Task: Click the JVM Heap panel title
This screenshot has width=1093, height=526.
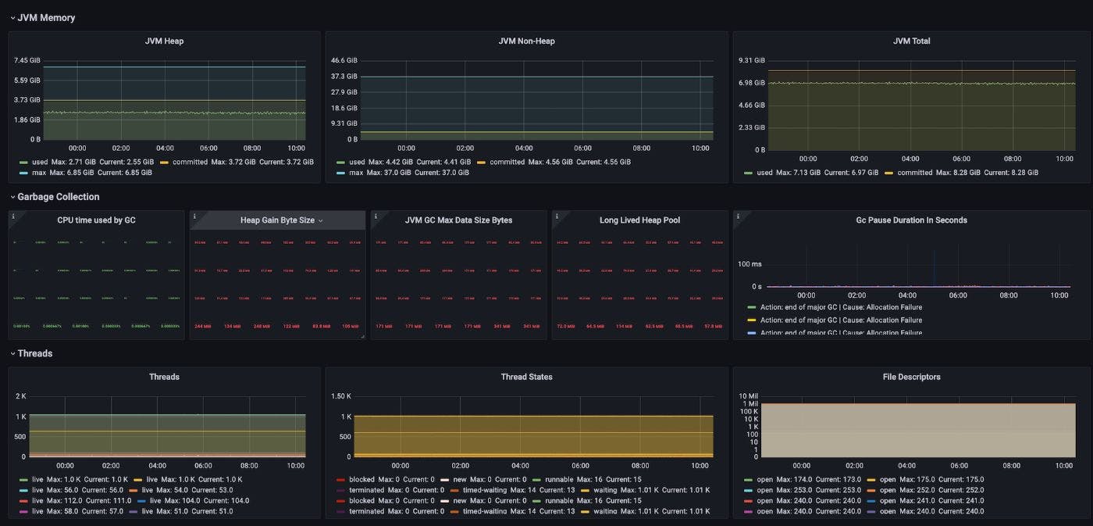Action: (x=164, y=41)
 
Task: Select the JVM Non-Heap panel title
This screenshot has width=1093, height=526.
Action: (x=526, y=41)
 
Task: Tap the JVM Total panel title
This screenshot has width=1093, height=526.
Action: (x=911, y=41)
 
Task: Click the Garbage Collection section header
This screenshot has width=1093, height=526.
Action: (x=58, y=197)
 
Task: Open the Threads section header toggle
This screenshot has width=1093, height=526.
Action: (x=12, y=353)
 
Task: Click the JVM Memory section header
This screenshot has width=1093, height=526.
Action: (x=46, y=17)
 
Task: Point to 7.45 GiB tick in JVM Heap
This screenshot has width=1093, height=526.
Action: (x=27, y=60)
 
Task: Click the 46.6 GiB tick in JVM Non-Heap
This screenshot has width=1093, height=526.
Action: (x=344, y=60)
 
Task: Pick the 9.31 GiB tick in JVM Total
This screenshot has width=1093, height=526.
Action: (x=752, y=60)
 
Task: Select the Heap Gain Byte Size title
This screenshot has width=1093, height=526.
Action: (x=277, y=220)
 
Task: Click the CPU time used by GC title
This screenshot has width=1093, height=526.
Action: (x=96, y=220)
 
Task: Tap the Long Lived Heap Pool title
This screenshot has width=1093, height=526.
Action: (x=639, y=220)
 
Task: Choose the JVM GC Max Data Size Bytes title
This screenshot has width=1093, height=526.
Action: (x=458, y=220)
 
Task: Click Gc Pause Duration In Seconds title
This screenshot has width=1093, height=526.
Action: (x=911, y=220)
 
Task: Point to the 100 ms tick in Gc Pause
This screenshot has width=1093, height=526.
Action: (x=749, y=264)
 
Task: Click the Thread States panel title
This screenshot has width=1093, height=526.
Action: (x=526, y=377)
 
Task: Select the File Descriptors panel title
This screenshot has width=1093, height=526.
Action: (x=911, y=377)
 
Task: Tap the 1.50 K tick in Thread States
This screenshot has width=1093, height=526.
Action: (x=340, y=396)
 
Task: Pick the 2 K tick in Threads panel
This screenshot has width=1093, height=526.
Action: (x=21, y=396)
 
